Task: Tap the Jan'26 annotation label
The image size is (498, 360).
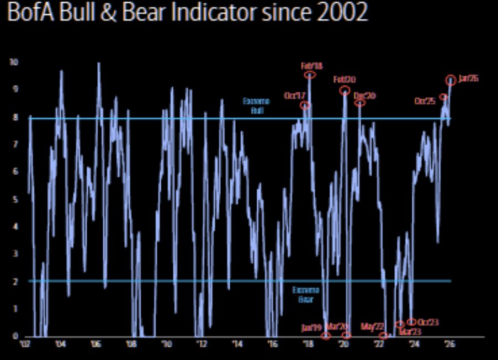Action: pos(468,78)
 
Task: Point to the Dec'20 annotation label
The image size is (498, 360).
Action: pos(364,96)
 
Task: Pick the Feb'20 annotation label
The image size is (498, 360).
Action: pos(345,80)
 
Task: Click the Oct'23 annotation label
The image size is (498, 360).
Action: pos(428,322)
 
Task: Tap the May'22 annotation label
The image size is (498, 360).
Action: pos(372,326)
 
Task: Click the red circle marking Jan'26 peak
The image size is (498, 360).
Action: pos(451,80)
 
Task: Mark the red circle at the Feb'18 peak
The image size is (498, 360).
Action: pos(310,75)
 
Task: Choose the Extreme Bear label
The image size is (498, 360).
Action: pos(302,294)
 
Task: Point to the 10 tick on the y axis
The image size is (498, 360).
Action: pos(14,62)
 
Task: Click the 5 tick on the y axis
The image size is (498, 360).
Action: pos(15,199)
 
